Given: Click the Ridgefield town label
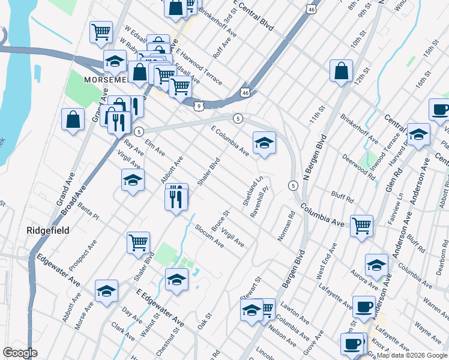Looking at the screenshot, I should point(48,230).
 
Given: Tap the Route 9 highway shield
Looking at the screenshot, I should point(198,106).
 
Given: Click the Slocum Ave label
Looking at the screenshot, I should point(209,236).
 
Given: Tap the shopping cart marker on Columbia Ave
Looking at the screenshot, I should point(361,226).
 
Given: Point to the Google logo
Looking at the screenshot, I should point(20,352).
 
